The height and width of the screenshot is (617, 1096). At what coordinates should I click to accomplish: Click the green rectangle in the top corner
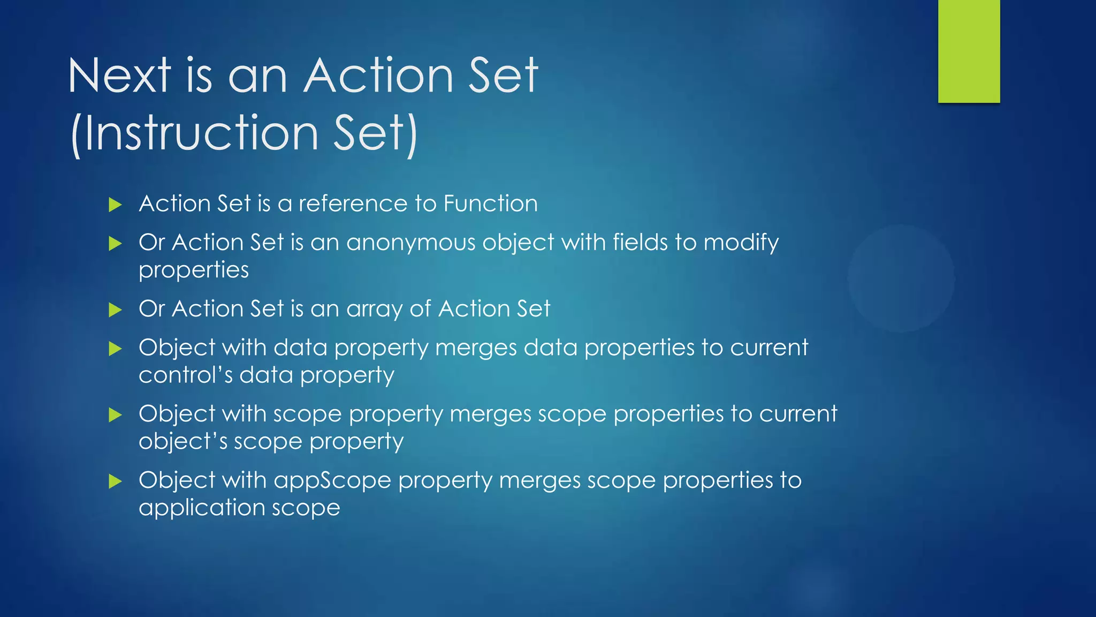click(969, 51)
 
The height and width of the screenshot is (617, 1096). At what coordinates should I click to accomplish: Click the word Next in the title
click(119, 76)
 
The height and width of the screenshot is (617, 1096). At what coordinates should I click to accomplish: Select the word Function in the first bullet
click(490, 204)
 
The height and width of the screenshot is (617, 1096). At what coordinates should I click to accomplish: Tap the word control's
click(185, 375)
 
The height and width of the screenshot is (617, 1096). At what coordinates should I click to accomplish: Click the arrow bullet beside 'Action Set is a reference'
click(115, 205)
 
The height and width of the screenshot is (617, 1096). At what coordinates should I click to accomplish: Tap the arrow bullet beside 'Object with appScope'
click(115, 481)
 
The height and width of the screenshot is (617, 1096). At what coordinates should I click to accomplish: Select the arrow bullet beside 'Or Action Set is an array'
click(115, 310)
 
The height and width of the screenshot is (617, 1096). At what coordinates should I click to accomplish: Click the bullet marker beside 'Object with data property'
click(115, 349)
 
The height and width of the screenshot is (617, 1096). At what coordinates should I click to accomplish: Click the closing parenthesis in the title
click(411, 134)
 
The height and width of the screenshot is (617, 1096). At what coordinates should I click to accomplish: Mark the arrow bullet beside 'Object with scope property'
click(115, 415)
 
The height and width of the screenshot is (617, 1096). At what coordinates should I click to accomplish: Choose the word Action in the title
click(379, 76)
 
